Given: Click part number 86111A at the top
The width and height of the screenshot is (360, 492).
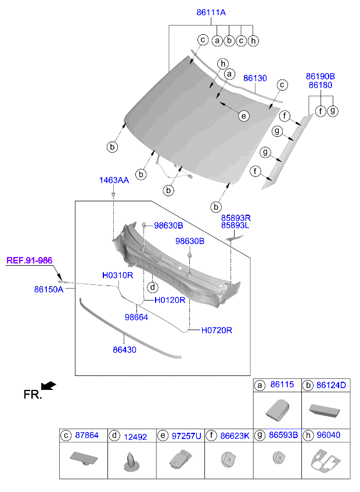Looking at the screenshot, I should click(211, 12).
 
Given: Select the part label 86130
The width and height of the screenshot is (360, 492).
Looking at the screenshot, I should click(255, 78).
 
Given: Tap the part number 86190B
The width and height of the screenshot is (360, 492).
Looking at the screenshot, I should click(321, 76).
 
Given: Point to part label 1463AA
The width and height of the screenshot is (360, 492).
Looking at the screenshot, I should click(114, 180).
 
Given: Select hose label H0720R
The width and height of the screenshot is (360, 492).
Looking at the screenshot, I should click(217, 330).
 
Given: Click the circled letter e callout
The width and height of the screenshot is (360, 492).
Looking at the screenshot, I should click(244, 116).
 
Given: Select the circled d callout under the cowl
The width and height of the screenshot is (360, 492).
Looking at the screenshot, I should click(152, 287).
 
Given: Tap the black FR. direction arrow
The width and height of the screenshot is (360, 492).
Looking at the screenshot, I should click(49, 386).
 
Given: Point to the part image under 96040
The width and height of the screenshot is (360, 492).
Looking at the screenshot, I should click(325, 462).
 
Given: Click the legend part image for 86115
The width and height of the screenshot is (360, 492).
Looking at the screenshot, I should click(277, 411).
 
